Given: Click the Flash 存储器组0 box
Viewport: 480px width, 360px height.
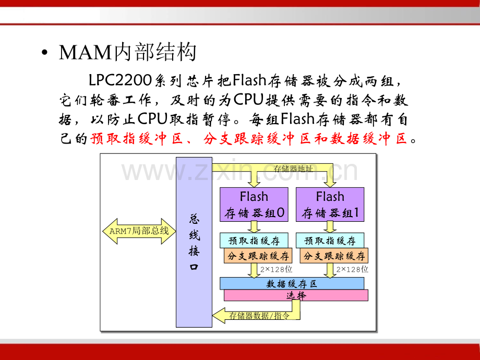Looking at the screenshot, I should point(254,204).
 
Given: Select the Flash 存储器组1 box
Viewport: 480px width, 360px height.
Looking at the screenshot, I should point(330,204).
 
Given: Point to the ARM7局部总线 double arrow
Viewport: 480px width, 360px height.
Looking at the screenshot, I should point(139,231).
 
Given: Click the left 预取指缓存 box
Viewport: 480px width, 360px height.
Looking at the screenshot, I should point(254,241).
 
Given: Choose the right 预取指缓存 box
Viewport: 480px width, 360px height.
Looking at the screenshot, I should point(330,241).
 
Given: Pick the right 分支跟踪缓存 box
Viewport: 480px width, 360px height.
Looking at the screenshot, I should point(334,256).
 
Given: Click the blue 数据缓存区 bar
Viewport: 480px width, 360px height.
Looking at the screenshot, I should point(292,284).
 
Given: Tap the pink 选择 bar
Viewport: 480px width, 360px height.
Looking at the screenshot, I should point(296,295).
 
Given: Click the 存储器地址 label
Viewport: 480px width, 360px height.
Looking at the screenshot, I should point(293,169).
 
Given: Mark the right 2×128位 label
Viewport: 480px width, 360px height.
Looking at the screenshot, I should point(352,270).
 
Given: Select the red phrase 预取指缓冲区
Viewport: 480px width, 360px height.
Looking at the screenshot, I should point(133,139).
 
